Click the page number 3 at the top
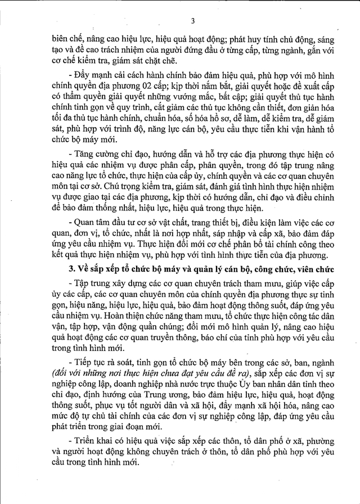pos(192,22)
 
